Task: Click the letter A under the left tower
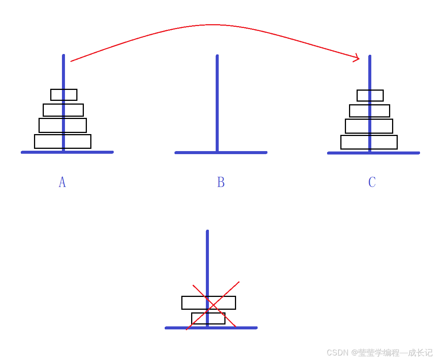62,182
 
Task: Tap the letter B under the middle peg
221,182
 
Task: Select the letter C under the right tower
372,182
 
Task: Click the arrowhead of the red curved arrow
357,58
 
